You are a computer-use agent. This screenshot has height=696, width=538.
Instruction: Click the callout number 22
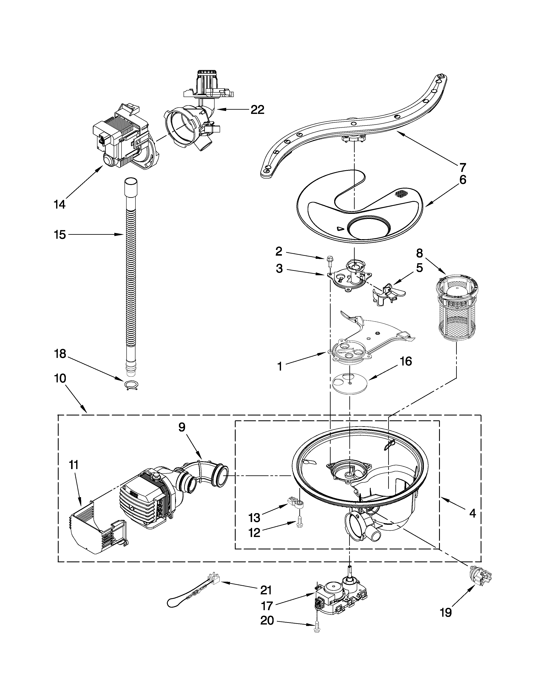point(257,110)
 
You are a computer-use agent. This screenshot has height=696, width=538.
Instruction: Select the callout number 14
point(59,204)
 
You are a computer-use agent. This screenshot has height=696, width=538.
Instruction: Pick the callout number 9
point(182,427)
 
